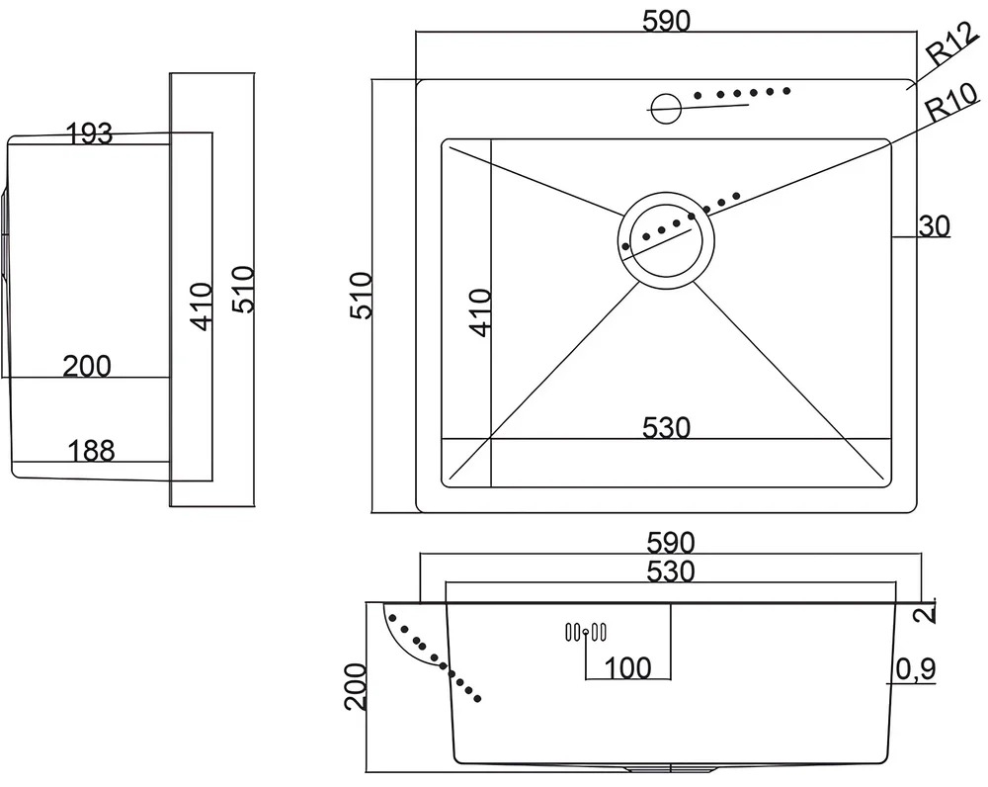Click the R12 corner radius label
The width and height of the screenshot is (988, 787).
[x=952, y=44]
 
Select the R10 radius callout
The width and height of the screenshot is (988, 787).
[x=952, y=101]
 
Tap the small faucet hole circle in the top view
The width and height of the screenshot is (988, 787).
[x=665, y=108]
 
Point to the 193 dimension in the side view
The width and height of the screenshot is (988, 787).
[x=90, y=133]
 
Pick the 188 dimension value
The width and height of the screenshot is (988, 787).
[x=91, y=451]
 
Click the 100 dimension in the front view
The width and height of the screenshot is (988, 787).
[x=627, y=667]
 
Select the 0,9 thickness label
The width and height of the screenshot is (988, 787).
[x=916, y=670]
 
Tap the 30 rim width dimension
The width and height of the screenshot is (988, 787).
[x=934, y=226]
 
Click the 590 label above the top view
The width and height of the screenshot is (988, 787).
[x=667, y=22]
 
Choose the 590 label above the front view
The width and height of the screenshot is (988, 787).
[x=671, y=543]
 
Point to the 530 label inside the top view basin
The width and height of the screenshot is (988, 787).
[x=667, y=428]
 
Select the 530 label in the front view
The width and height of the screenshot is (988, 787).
[x=671, y=571]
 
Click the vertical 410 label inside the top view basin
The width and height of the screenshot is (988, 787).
[x=481, y=312]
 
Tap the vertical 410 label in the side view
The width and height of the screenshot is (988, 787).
[x=203, y=307]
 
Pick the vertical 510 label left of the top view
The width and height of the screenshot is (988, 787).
[x=361, y=296]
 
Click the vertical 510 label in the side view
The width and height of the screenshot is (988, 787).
[x=243, y=290]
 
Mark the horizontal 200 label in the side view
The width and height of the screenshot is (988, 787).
[x=87, y=367]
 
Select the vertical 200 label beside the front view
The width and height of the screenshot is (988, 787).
[x=356, y=687]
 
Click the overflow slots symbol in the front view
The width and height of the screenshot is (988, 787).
[x=586, y=632]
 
